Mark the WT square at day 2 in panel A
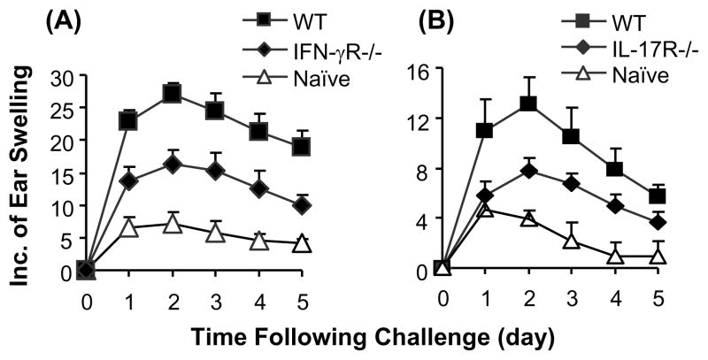coord(173,93)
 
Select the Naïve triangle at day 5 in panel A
coord(302,243)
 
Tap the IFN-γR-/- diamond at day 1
coord(129,180)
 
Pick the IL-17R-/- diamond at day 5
coord(657,222)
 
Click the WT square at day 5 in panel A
coord(302,146)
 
